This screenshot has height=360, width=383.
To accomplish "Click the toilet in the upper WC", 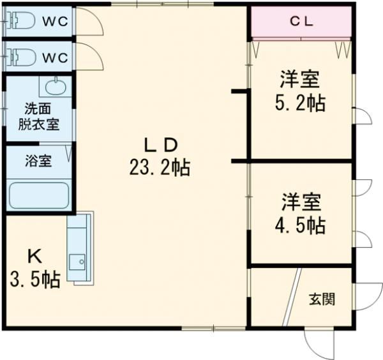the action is (x=21, y=20).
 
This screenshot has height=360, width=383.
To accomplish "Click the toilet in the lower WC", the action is (x=21, y=57).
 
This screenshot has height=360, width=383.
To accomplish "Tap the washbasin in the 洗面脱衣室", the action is (x=56, y=87).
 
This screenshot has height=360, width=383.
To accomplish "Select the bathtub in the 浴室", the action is (x=39, y=195).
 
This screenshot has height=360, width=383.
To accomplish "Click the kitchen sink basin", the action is (x=77, y=262).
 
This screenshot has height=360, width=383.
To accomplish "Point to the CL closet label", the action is (x=301, y=22).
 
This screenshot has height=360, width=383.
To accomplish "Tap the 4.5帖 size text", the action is (x=300, y=225).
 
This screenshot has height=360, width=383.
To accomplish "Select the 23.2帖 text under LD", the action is (x=160, y=167).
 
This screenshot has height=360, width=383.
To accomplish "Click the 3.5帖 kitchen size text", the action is (x=35, y=280).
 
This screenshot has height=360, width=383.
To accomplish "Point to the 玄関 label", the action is (x=322, y=299).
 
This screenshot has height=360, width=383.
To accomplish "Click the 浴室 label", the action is (x=38, y=161).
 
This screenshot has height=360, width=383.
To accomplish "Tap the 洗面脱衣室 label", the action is (x=38, y=117).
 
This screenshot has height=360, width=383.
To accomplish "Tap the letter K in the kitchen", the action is (x=35, y=257).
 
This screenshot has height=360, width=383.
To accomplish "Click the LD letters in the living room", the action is (x=160, y=145).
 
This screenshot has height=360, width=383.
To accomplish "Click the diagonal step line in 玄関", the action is (x=292, y=297).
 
